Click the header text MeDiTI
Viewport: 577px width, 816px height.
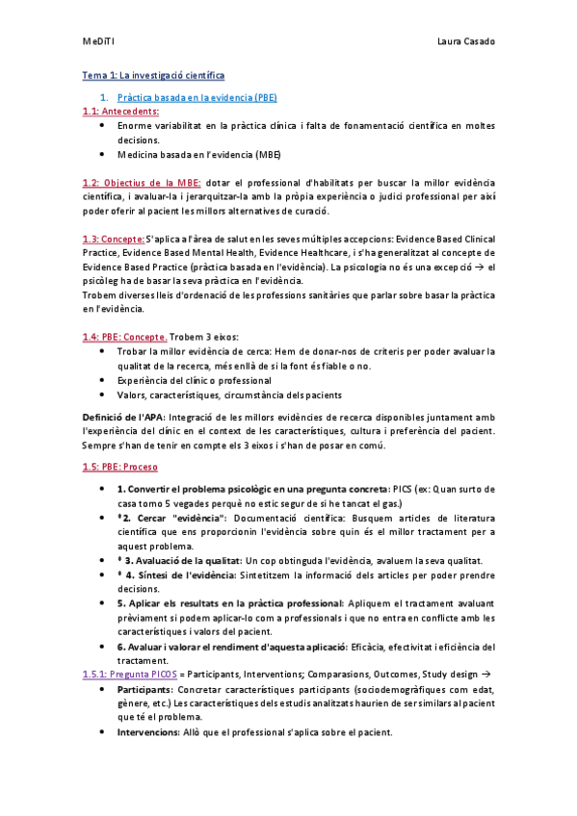point(98,42)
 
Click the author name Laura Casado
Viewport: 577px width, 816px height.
point(466,42)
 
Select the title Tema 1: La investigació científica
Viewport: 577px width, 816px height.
point(153,75)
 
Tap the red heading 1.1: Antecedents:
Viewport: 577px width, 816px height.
point(120,112)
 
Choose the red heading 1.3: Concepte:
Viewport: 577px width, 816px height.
point(114,239)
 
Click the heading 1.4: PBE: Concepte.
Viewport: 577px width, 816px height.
point(124,337)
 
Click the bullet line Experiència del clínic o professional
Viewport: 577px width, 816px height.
point(194,380)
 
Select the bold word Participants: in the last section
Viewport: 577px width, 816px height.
point(145,690)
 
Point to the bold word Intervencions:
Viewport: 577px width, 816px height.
point(148,732)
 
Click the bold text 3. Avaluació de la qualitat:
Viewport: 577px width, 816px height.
point(183,560)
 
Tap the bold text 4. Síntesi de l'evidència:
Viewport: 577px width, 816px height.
point(182,574)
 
